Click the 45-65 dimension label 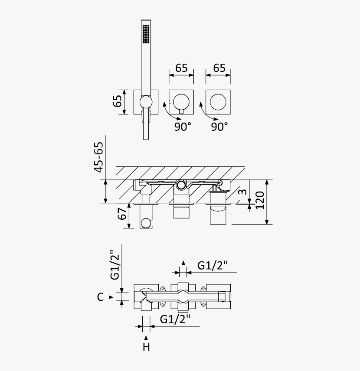(99, 157)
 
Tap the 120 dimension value (259, 200)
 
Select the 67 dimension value (122, 214)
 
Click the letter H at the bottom (146, 347)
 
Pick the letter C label (100, 297)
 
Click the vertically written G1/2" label (115, 265)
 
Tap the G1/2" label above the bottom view (213, 266)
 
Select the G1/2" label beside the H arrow (175, 319)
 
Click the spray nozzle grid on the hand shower (146, 34)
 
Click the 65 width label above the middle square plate (181, 68)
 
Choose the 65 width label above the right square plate (219, 68)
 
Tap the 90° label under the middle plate (183, 127)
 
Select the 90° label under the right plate (219, 127)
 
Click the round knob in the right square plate (218, 102)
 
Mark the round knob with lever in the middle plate (181, 103)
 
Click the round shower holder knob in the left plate (146, 102)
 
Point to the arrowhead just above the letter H (146, 338)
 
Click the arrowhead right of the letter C (111, 297)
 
